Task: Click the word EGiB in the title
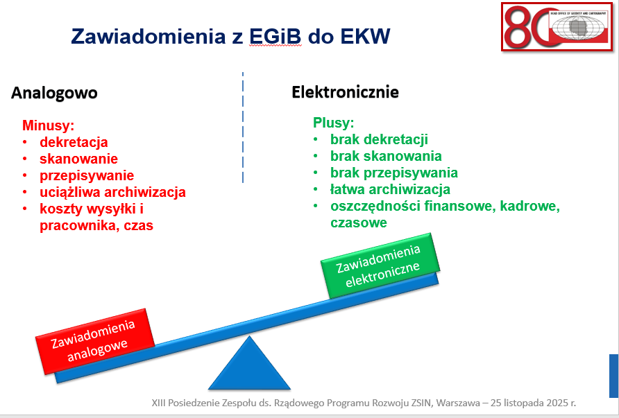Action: (275, 36)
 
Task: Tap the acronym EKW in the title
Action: (365, 36)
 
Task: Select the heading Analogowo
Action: (54, 93)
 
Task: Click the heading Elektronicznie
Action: (345, 92)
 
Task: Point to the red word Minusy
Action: (48, 125)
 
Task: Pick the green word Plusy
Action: (333, 123)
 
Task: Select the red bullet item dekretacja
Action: (74, 142)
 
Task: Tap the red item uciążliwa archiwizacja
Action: (112, 192)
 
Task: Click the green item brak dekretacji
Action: (379, 139)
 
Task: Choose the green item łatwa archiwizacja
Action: (390, 189)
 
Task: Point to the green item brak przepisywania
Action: (393, 173)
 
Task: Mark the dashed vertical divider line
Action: (243, 128)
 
